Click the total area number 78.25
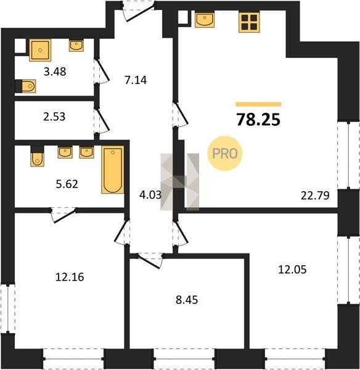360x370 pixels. point(258,120)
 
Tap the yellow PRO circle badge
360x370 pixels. point(224,154)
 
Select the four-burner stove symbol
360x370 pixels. point(249,22)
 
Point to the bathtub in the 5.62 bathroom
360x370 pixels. point(113,170)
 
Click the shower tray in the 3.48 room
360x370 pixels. point(40,51)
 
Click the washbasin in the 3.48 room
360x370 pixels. point(76,46)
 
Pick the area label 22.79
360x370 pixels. point(315,195)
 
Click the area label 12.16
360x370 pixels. point(70,277)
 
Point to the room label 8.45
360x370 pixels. point(187,300)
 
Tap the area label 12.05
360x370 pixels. point(292,269)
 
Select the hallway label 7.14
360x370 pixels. point(136,80)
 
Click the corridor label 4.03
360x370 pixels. point(150,195)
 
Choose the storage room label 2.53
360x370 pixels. point(54,117)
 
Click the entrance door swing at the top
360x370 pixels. point(139,12)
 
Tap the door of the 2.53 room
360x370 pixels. point(102,120)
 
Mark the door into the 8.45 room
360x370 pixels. point(149,261)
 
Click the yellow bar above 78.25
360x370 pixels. point(258,104)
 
